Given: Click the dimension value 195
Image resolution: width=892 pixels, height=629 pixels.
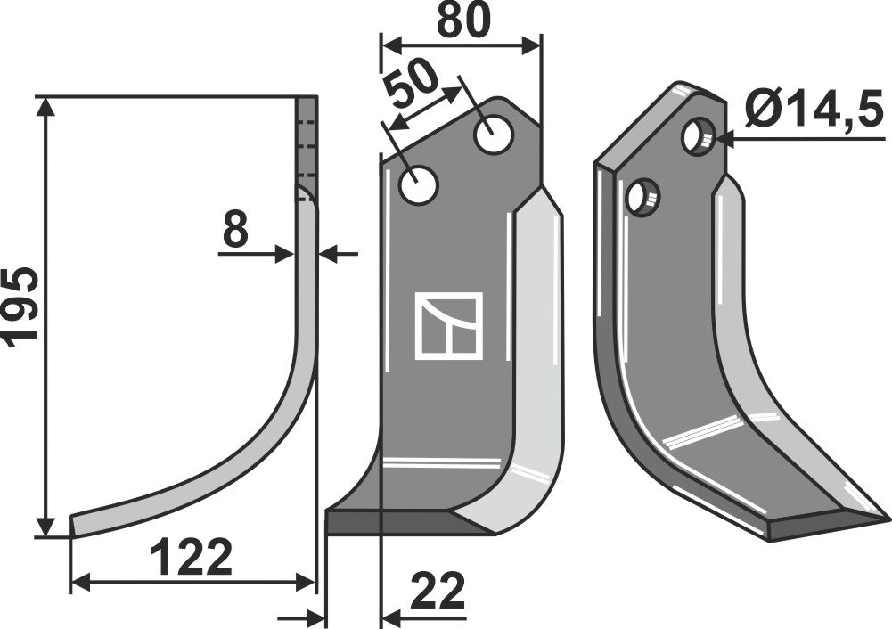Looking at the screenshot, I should [21, 303].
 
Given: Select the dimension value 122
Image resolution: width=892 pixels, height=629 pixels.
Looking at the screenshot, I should [191, 558].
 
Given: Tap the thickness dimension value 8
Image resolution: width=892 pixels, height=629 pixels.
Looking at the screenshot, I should [235, 232].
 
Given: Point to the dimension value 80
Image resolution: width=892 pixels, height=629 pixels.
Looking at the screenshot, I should [462, 20].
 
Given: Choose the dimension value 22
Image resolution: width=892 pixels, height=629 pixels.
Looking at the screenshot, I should [437, 592].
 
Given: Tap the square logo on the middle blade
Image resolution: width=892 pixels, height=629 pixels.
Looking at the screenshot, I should [448, 326].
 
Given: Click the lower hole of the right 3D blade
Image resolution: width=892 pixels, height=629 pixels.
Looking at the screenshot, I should [642, 196].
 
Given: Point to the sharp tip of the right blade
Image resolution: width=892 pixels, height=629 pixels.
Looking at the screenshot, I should [886, 516].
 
